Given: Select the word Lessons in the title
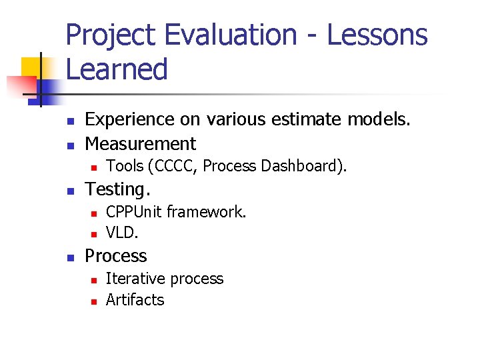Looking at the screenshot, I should [377, 35].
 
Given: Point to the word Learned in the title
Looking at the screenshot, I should [117, 69].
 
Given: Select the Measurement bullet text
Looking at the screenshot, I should [141, 143].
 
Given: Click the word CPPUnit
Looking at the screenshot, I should [134, 212].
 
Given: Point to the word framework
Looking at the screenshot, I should [206, 212].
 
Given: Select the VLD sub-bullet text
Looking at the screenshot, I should [122, 233].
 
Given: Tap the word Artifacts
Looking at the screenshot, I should [135, 300].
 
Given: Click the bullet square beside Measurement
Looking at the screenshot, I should [68, 145].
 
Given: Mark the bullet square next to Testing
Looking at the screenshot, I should [68, 191].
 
